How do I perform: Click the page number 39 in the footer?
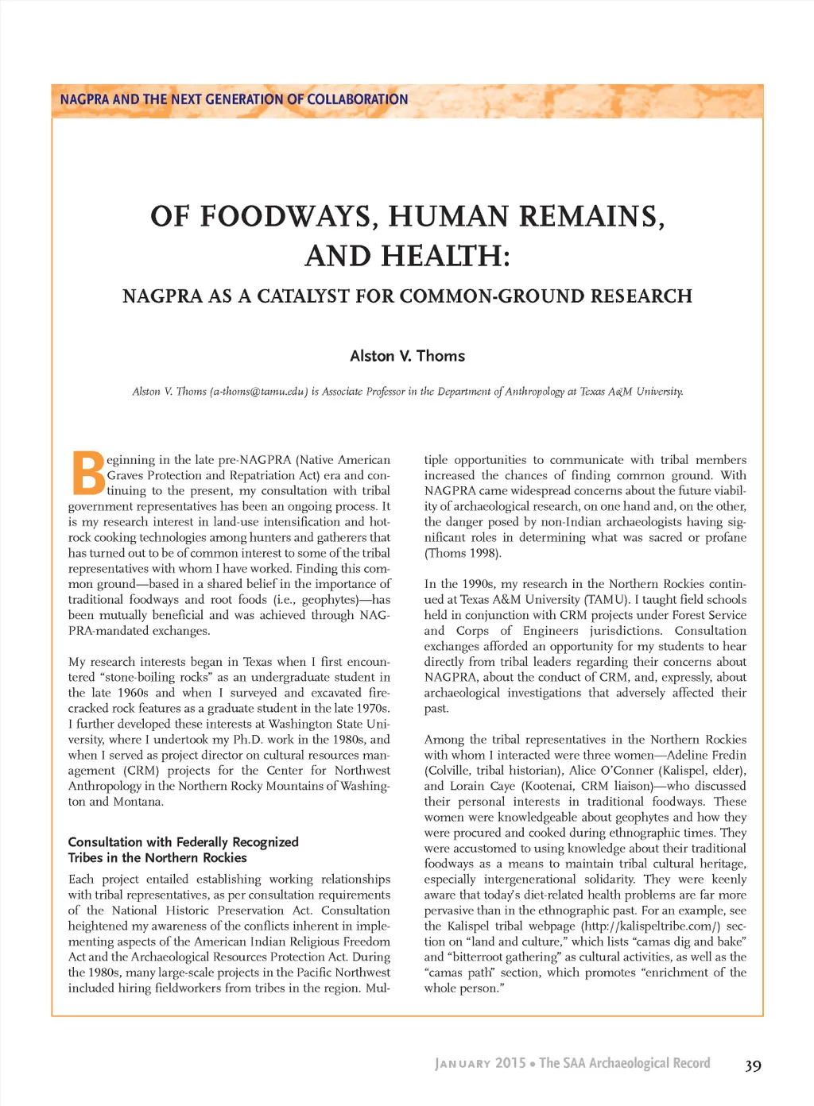pos(753,1066)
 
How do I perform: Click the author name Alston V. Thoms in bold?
pos(407,356)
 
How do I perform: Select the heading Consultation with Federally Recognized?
pos(183,842)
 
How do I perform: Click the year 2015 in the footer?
pos(510,1063)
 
